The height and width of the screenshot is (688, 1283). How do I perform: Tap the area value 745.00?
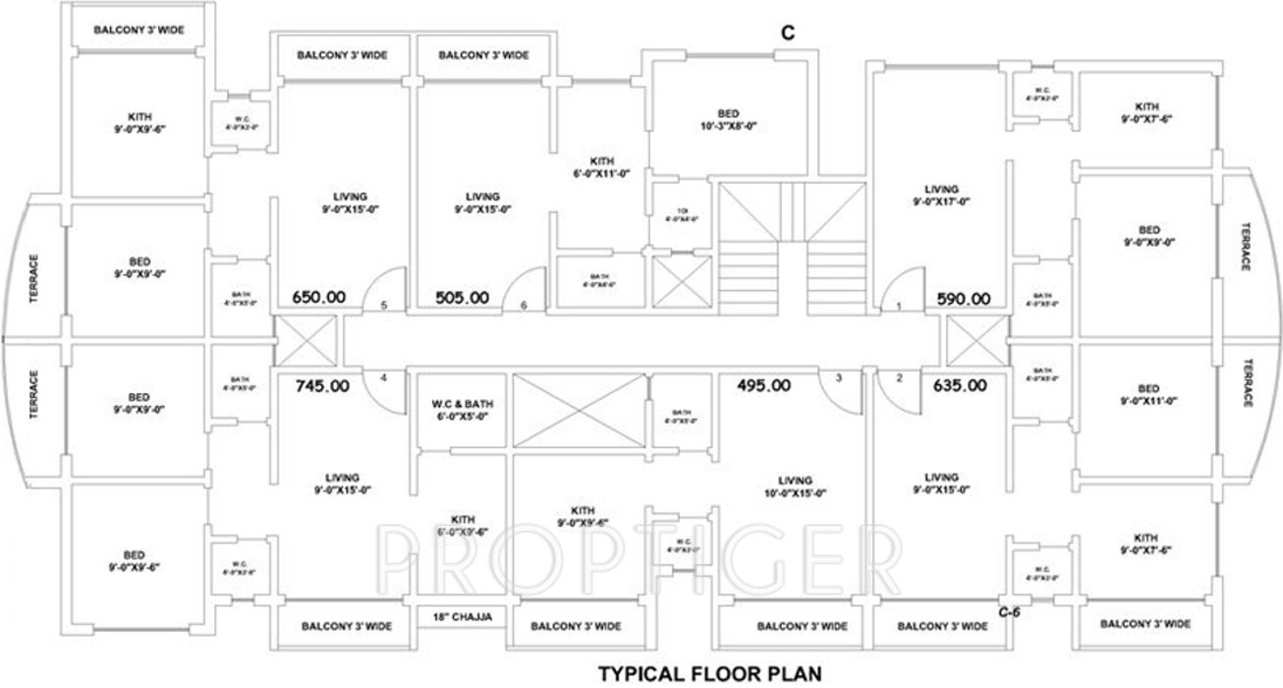(322, 386)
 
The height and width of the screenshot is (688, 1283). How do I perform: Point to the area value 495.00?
(763, 385)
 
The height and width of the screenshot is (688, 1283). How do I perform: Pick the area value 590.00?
(964, 298)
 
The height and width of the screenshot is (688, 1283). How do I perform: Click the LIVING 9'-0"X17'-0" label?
(940, 196)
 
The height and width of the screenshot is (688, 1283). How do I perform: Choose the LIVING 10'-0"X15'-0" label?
(792, 487)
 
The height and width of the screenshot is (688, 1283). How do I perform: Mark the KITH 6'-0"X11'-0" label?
(602, 167)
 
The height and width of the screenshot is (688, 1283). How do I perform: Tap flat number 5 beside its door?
(384, 306)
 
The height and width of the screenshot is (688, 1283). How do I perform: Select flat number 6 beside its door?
(525, 306)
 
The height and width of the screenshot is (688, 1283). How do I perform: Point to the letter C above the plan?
(787, 32)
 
